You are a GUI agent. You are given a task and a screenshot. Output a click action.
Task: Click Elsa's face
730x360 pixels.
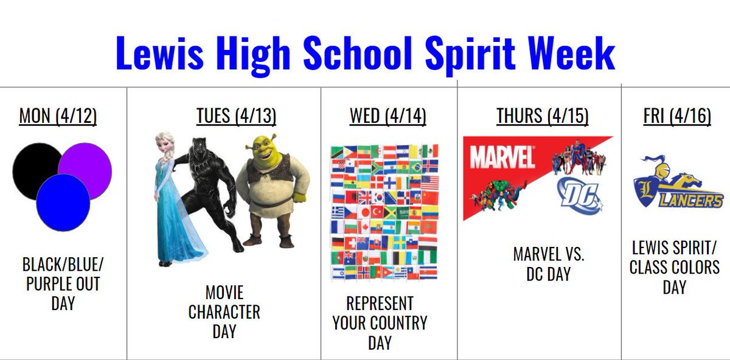pyautogui.click(x=165, y=145)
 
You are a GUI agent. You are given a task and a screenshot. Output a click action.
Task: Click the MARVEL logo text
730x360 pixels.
pyautogui.click(x=502, y=157)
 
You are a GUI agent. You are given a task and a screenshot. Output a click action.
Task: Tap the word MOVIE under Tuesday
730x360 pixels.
pyautogui.click(x=224, y=293)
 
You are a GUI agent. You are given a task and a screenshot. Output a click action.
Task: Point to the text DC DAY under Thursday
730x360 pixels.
pyautogui.click(x=549, y=274)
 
